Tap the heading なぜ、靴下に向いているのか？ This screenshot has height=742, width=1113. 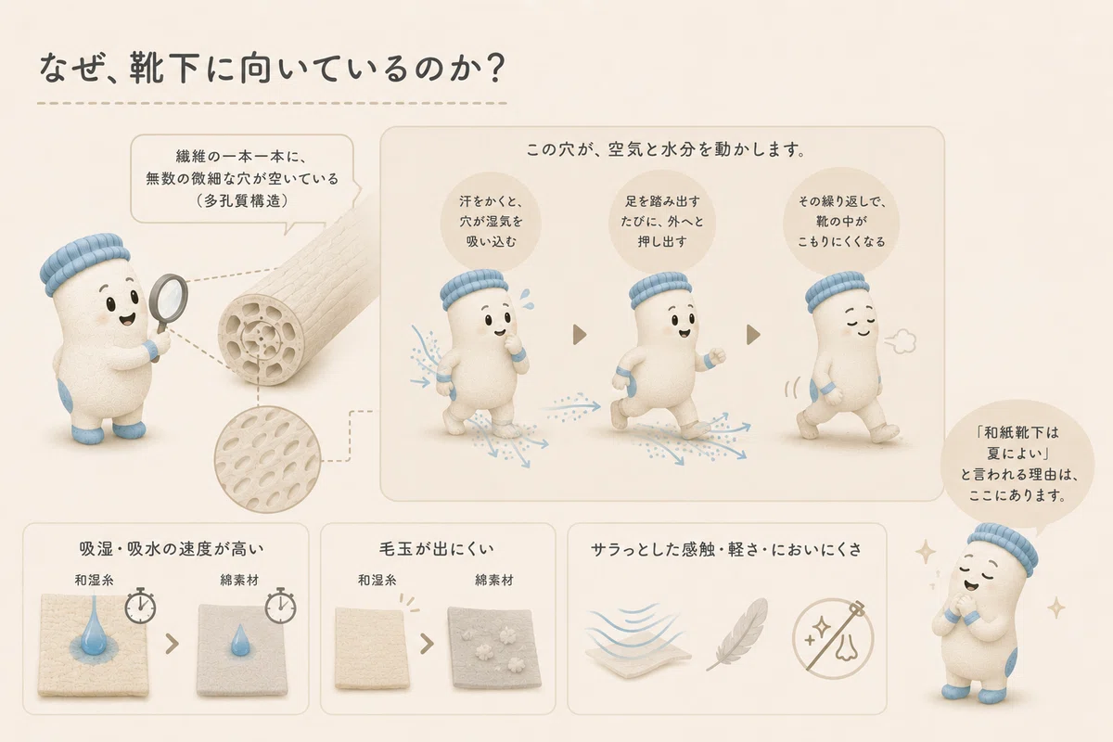click(x=273, y=68)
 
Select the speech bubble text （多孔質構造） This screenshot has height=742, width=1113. click(x=242, y=200)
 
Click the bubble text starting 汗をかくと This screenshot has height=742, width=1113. click(x=491, y=221)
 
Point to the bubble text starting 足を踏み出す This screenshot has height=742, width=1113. click(x=662, y=221)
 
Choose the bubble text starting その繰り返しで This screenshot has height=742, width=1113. click(x=842, y=221)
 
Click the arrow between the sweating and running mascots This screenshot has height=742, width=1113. click(x=580, y=335)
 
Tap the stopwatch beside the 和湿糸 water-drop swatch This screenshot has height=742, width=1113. click(x=140, y=606)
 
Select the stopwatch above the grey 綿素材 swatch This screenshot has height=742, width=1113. click(x=280, y=606)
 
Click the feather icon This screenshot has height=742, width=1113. click(x=738, y=633)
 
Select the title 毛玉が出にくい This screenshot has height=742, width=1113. click(x=437, y=549)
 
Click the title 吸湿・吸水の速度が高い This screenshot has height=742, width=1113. click(x=172, y=549)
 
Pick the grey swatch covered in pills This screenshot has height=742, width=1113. click(x=493, y=648)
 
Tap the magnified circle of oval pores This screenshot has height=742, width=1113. click(x=267, y=460)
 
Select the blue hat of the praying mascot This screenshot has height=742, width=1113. click(x=1003, y=544)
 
